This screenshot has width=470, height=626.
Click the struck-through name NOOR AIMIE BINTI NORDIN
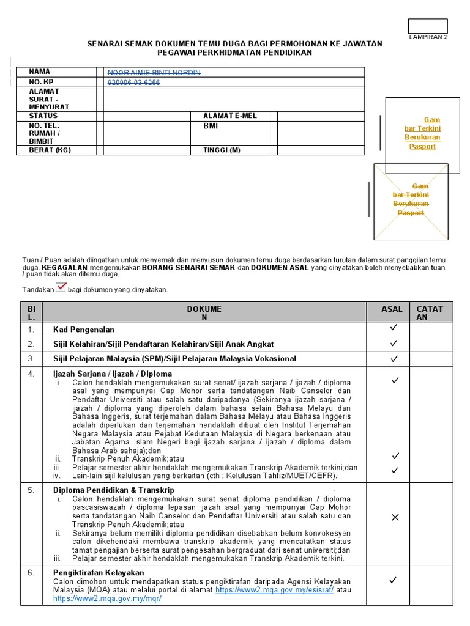(154, 73)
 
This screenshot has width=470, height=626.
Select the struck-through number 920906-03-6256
(133, 83)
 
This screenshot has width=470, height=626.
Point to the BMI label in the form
(211, 126)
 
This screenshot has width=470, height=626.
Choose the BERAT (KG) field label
(50, 150)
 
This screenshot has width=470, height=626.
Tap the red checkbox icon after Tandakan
(61, 288)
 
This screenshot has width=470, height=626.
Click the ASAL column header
(392, 309)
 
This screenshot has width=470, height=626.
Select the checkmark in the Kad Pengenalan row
(394, 328)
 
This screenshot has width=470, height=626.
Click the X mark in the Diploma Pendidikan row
(395, 518)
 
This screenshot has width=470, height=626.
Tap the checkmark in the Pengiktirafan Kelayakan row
(394, 580)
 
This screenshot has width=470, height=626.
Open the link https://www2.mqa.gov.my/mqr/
(108, 599)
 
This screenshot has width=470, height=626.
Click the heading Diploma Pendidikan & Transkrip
(114, 490)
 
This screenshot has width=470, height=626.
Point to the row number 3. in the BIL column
(31, 358)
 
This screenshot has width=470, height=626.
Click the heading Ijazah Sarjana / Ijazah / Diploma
(113, 374)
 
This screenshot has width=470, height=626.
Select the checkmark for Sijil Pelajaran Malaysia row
(394, 358)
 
